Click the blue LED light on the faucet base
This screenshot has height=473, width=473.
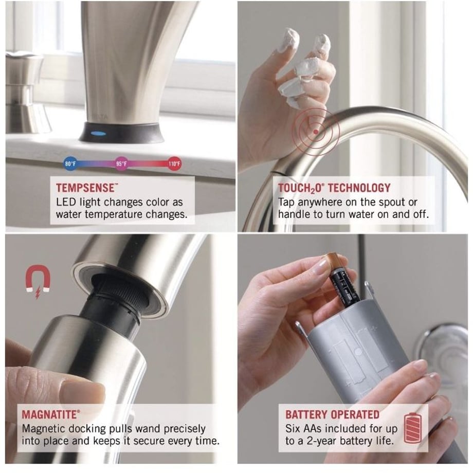pyautogui.click(x=99, y=133)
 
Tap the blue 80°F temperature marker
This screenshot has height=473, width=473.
pyautogui.click(x=70, y=164)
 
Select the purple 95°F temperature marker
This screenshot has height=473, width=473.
pyautogui.click(x=121, y=164)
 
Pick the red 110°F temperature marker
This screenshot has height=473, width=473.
pyautogui.click(x=174, y=164)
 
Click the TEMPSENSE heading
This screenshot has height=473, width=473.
pyautogui.click(x=85, y=188)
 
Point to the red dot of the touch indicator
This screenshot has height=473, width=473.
pyautogui.click(x=316, y=132)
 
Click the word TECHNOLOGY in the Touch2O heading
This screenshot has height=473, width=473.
pyautogui.click(x=359, y=188)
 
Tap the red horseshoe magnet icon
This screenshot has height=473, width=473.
pyautogui.click(x=38, y=281)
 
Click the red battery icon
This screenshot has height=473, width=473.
pyautogui.click(x=413, y=428)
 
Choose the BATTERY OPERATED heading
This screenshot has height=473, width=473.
pyautogui.click(x=332, y=415)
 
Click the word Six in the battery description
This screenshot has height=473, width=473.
pyautogui.click(x=293, y=428)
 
